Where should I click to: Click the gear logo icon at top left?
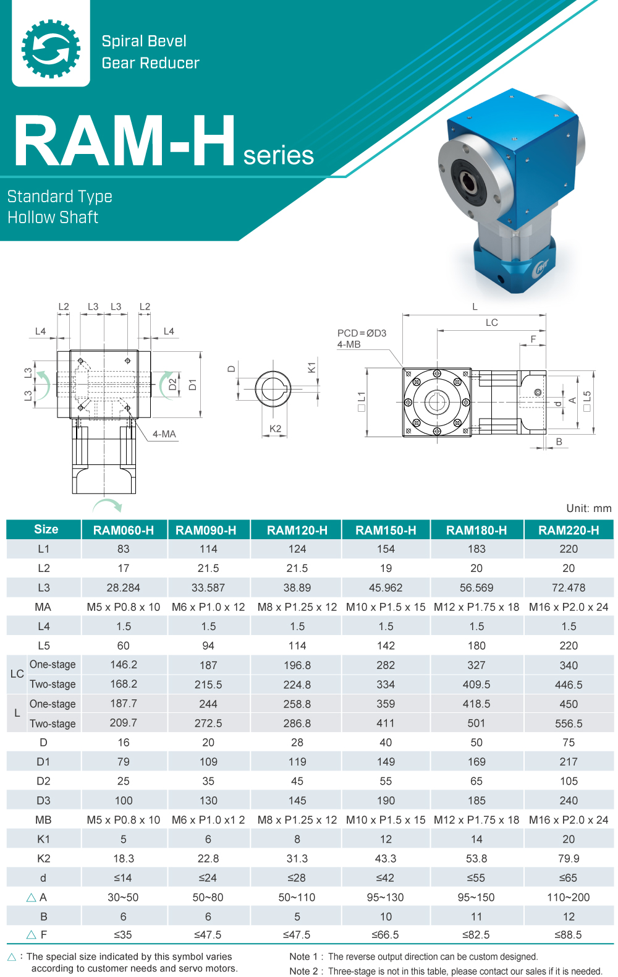(x=51, y=48)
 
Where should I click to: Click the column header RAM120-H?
(x=297, y=531)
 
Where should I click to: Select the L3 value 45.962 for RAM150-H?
(x=386, y=588)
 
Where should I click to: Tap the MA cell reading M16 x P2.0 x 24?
(x=569, y=607)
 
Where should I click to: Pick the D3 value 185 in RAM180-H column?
(x=476, y=801)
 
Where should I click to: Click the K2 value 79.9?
(x=569, y=859)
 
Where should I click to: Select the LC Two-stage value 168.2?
(x=124, y=685)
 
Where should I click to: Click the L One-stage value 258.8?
(x=297, y=704)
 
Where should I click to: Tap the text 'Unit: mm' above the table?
(x=588, y=508)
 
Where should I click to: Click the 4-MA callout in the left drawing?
(x=164, y=434)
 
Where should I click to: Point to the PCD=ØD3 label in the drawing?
(x=362, y=333)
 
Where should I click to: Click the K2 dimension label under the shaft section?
(x=275, y=429)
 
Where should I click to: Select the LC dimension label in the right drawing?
(x=491, y=323)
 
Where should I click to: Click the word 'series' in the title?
(x=278, y=155)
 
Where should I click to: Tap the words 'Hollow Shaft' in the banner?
(x=53, y=218)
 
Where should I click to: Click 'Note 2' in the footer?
(x=302, y=971)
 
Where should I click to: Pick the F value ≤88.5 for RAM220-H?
(x=568, y=935)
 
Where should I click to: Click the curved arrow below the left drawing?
(x=108, y=505)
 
